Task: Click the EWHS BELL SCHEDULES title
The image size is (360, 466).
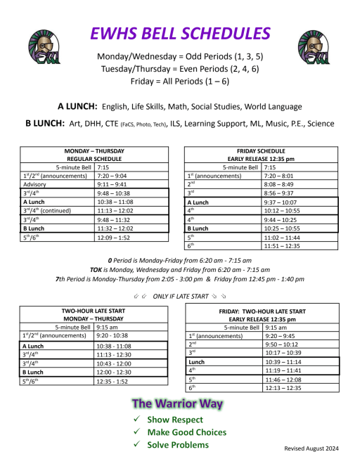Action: (x=179, y=33)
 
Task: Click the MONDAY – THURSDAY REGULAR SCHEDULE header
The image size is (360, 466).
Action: (x=94, y=155)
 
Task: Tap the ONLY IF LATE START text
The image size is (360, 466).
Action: (x=181, y=295)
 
